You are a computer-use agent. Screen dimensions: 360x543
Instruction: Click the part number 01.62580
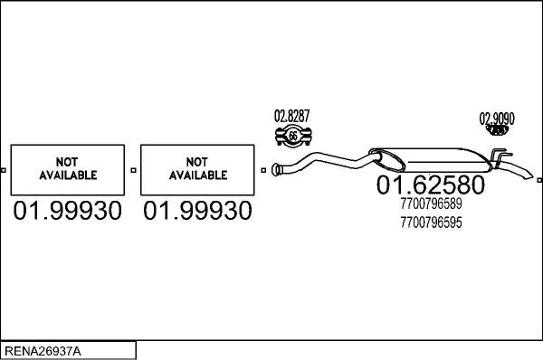point(430,185)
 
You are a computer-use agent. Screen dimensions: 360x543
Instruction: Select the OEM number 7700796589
point(430,204)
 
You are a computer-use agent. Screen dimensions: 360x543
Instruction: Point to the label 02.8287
point(291,116)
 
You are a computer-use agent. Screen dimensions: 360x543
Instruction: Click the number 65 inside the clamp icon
point(292,136)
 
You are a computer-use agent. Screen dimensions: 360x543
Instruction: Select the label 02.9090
point(497,118)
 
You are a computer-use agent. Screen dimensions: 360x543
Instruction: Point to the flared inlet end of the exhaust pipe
point(278,167)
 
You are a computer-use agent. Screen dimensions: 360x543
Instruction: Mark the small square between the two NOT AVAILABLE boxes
point(133,169)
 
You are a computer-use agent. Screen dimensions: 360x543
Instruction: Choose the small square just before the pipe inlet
point(263,169)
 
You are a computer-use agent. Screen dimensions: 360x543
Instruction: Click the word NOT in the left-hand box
point(68,162)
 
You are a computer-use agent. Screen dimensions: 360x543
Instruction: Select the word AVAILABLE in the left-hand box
point(68,175)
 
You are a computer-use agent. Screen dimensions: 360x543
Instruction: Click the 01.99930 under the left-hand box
point(68,212)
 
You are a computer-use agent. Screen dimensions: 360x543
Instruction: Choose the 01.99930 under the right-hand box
point(198,212)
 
